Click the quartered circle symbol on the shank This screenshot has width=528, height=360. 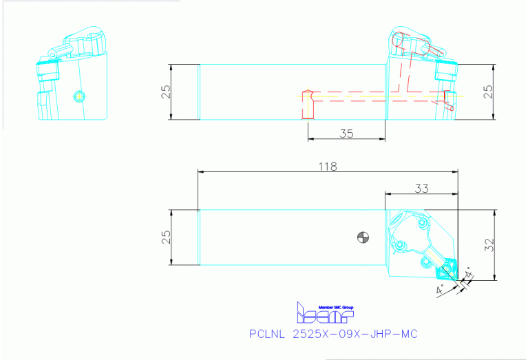(363, 237)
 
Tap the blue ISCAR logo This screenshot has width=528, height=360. (324, 314)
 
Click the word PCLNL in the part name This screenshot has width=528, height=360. (266, 334)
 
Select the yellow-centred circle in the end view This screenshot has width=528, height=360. (78, 95)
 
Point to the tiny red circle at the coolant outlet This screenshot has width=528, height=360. (451, 107)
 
